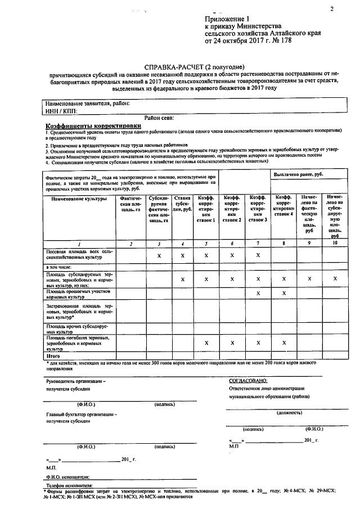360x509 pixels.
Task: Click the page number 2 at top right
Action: (331, 8)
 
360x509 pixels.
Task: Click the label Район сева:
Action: (159, 118)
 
